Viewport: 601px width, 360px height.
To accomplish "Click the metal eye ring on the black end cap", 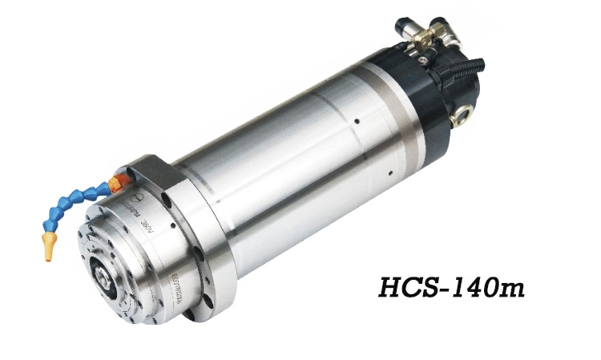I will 462,118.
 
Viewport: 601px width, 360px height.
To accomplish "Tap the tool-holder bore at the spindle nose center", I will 106,279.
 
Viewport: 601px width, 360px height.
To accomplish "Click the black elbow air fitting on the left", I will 402,30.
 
